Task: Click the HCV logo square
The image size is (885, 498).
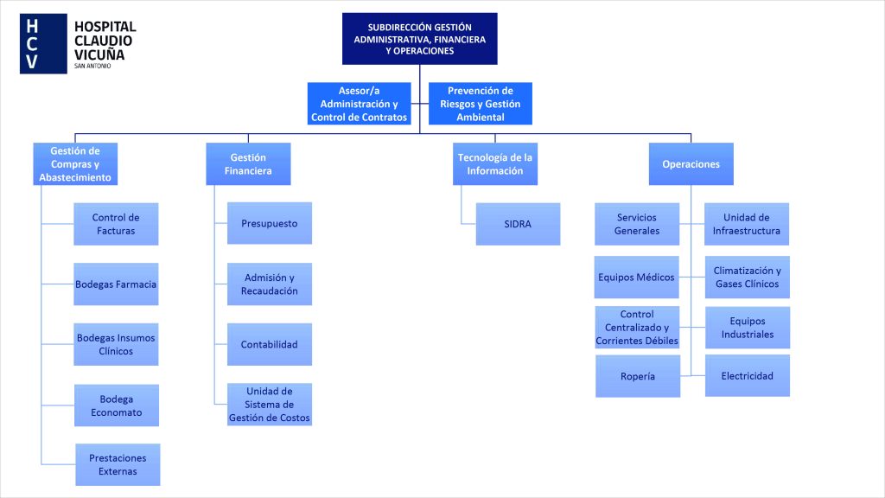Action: click(x=42, y=43)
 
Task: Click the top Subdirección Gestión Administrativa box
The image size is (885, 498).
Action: click(x=419, y=39)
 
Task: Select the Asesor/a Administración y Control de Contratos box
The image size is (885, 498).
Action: click(x=358, y=104)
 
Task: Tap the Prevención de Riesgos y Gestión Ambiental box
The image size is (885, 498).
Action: click(x=480, y=104)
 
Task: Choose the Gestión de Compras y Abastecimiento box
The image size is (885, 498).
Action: click(x=75, y=163)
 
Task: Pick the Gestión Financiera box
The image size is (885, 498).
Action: click(x=248, y=163)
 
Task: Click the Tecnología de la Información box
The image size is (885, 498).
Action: click(x=495, y=163)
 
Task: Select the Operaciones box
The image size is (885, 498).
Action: click(x=691, y=163)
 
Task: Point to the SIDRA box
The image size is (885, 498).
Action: click(x=518, y=224)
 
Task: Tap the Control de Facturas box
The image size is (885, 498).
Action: click(x=116, y=224)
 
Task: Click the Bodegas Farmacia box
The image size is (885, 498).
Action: click(x=116, y=284)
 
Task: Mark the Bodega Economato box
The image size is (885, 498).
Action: click(x=116, y=405)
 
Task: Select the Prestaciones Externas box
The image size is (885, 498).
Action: click(x=118, y=464)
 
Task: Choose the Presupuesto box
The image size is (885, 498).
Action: click(x=269, y=223)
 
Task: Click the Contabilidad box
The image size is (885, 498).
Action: click(x=269, y=344)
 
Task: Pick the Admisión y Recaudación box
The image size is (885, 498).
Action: click(x=269, y=284)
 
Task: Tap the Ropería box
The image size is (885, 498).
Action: click(x=638, y=376)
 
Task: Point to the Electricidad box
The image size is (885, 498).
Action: click(x=747, y=375)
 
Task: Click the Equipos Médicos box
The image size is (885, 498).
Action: click(x=637, y=278)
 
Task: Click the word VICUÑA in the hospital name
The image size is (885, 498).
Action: click(x=99, y=54)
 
